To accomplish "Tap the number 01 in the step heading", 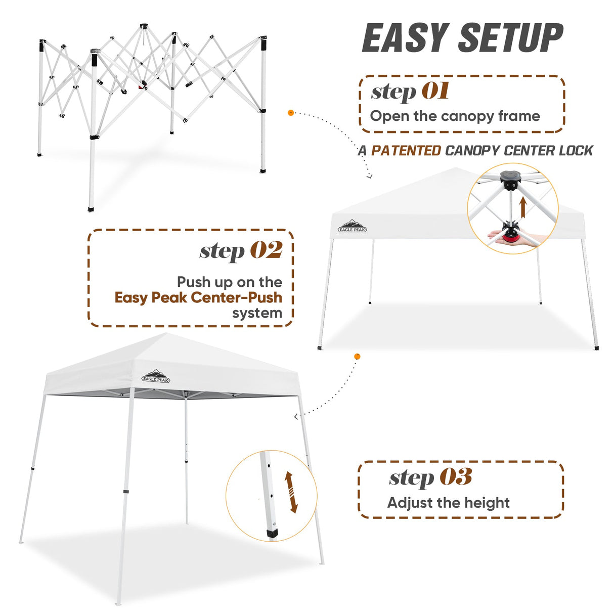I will [x=435, y=92].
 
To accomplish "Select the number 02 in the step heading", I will [x=267, y=250].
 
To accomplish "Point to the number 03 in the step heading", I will [x=456, y=477].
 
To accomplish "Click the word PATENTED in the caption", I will [x=406, y=151].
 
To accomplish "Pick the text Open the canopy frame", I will [x=455, y=116].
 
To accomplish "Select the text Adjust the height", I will [x=448, y=503].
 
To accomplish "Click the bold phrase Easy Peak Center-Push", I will [x=198, y=297].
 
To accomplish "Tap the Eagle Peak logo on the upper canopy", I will [x=352, y=227].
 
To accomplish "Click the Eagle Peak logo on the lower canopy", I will [x=156, y=377].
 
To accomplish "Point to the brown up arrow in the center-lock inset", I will [x=523, y=207].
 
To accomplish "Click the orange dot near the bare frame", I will [x=291, y=113].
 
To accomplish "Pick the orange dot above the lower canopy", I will [x=358, y=357].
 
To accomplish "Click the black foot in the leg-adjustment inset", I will [x=272, y=534].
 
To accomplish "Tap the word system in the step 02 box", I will [x=257, y=314].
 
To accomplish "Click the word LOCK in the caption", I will [x=576, y=151].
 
